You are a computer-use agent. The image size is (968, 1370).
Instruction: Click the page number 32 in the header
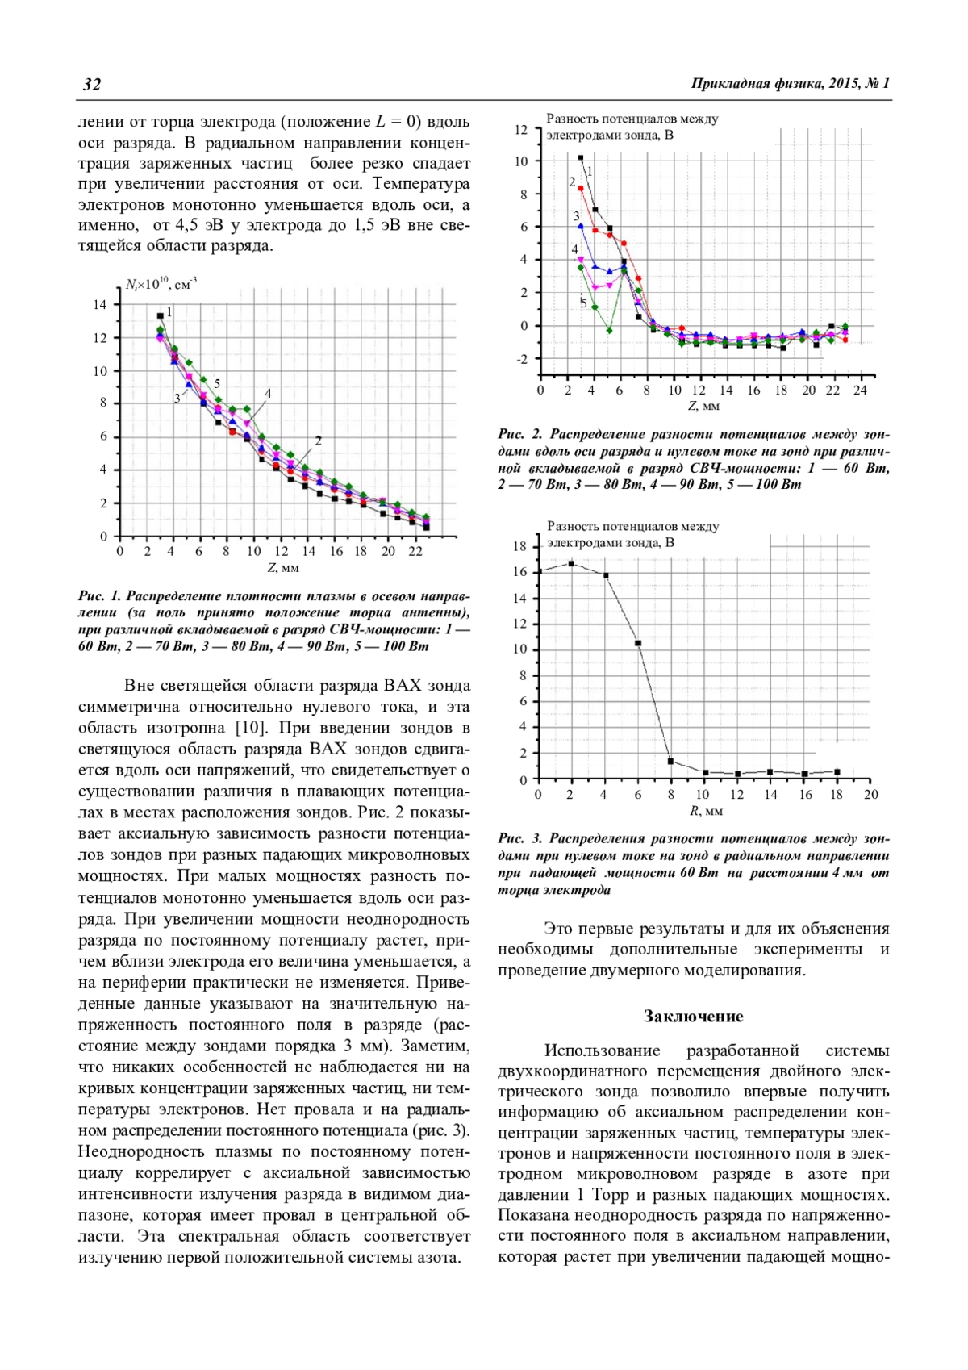coord(92,85)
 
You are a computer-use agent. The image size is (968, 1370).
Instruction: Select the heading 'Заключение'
coord(693,1016)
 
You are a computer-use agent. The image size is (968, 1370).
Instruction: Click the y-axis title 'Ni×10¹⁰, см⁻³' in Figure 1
coord(161,284)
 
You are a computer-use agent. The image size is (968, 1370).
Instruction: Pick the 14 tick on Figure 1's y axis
coord(99,305)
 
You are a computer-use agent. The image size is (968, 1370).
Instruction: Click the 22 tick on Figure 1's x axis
coord(415,551)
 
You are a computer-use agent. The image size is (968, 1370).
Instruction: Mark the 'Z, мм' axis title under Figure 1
coord(283,568)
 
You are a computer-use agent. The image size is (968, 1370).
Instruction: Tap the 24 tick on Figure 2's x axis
coord(860,390)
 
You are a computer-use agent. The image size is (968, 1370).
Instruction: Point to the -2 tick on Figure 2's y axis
coord(522,359)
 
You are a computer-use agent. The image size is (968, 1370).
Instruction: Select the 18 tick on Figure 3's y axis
coord(519,546)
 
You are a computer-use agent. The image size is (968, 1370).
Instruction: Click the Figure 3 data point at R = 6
coord(638,643)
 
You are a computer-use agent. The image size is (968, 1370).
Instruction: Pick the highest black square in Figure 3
coord(572,563)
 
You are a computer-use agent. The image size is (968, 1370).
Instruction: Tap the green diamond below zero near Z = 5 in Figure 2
coord(609,330)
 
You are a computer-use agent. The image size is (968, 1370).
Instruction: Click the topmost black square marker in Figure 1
coord(160,315)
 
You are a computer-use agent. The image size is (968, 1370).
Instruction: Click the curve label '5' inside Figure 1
coord(217,384)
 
